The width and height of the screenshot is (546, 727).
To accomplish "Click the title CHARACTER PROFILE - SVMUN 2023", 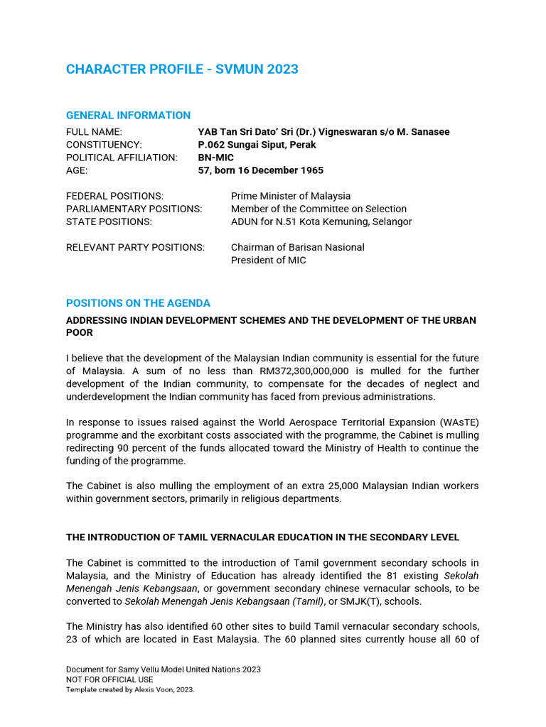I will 182,70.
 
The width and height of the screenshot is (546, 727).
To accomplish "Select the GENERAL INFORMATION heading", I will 128,115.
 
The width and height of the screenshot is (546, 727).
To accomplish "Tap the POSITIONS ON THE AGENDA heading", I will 138,303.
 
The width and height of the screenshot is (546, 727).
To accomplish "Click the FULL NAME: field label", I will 94,132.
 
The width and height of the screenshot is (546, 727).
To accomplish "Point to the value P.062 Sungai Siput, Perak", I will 257,145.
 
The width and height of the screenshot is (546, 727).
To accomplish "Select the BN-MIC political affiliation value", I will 215,158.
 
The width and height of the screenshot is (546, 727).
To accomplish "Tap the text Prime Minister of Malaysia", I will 290,196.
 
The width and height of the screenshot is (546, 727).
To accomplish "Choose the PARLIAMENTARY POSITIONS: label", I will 134,209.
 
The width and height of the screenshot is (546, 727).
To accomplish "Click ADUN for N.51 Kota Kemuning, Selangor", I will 321,222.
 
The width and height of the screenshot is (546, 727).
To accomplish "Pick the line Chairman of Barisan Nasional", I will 297,247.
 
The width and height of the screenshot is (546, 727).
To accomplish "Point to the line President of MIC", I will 268,260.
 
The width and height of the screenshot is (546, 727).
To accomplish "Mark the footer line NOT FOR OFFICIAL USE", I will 109,679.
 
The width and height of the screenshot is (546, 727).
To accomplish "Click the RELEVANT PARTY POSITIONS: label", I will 135,247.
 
